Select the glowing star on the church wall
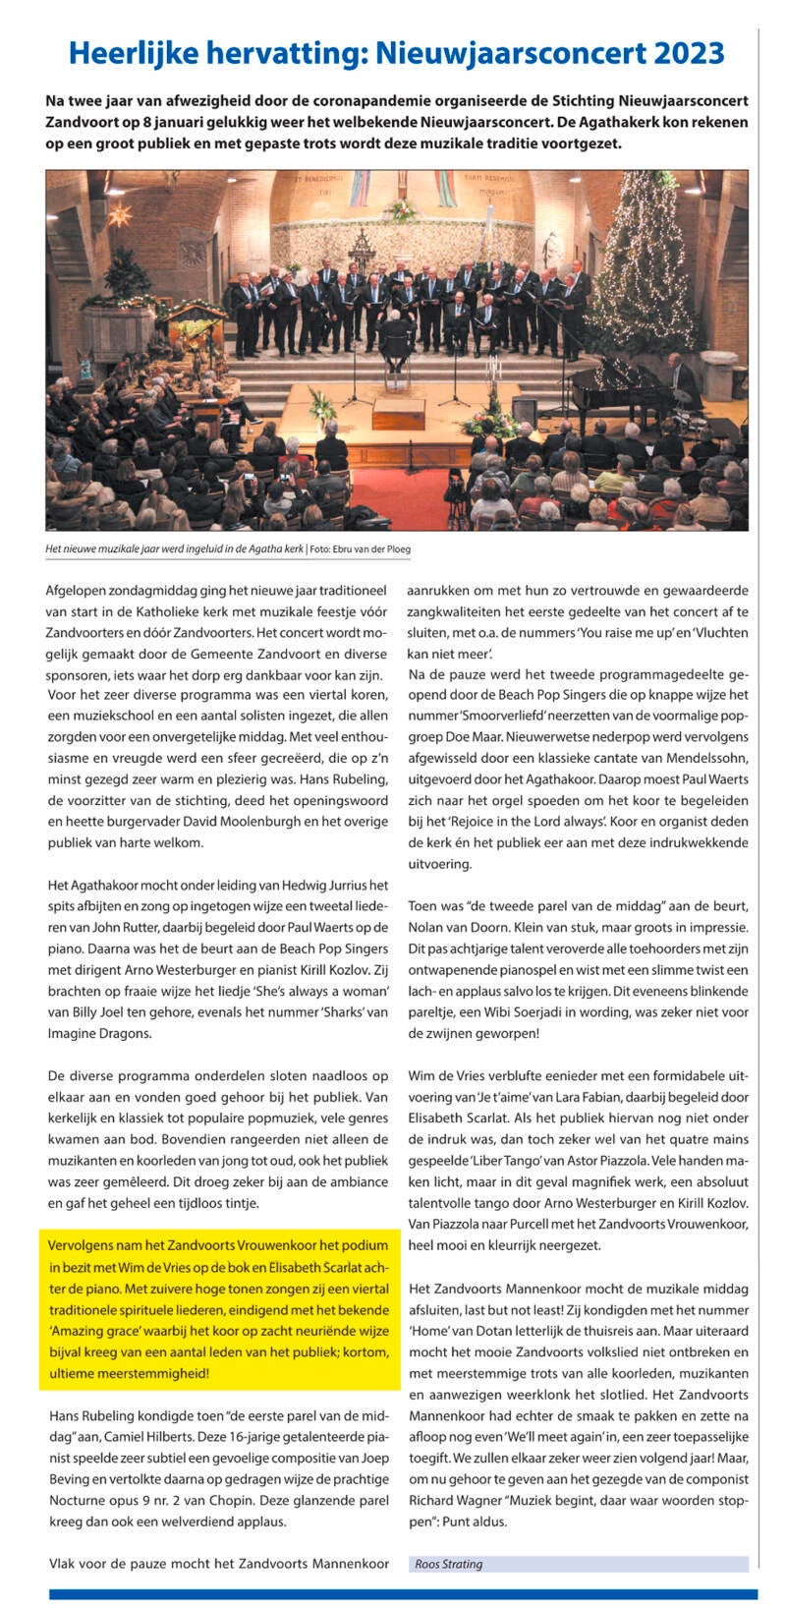click(121, 215)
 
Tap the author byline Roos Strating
click(449, 1564)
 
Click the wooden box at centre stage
click(398, 413)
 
